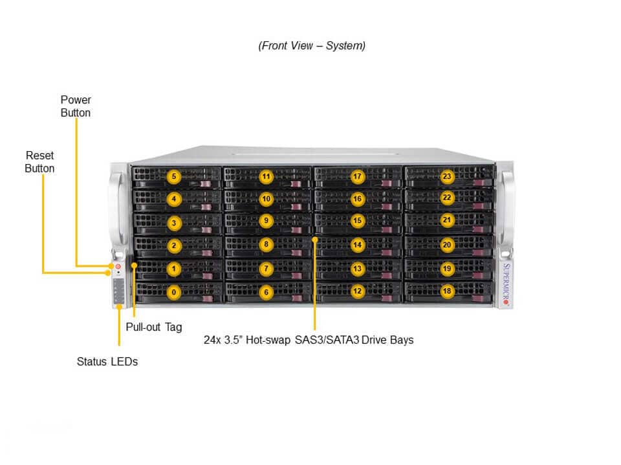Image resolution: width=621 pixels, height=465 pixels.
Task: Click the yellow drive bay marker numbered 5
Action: pos(173,176)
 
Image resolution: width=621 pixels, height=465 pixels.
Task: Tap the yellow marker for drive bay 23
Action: pos(447,176)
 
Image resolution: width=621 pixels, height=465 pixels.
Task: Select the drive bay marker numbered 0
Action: pos(173,292)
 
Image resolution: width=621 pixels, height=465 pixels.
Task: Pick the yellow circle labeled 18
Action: pos(447,291)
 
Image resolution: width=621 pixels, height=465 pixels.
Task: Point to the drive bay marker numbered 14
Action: pos(356,245)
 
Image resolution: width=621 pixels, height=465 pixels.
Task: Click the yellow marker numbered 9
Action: pos(265,221)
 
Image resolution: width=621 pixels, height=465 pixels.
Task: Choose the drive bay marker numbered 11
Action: pos(265,176)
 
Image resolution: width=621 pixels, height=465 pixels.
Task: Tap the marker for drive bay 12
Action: pos(356,291)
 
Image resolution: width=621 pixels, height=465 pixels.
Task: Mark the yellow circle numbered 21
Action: pos(447,220)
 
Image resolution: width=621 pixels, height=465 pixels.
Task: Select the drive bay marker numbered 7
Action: pos(265,268)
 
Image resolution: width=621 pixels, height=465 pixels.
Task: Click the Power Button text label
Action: pos(76,107)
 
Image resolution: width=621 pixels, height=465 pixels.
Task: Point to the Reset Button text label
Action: pos(39,162)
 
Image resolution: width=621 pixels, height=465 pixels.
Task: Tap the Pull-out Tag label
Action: pos(154,327)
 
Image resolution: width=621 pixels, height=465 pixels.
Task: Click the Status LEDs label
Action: pos(107,362)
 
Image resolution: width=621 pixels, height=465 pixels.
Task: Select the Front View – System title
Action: pos(312,46)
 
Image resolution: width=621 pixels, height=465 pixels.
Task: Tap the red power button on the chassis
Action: pos(118,266)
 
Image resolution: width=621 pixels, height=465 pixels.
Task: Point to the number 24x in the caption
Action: pos(213,340)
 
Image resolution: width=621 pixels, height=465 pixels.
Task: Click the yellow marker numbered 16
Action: pos(356,199)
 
